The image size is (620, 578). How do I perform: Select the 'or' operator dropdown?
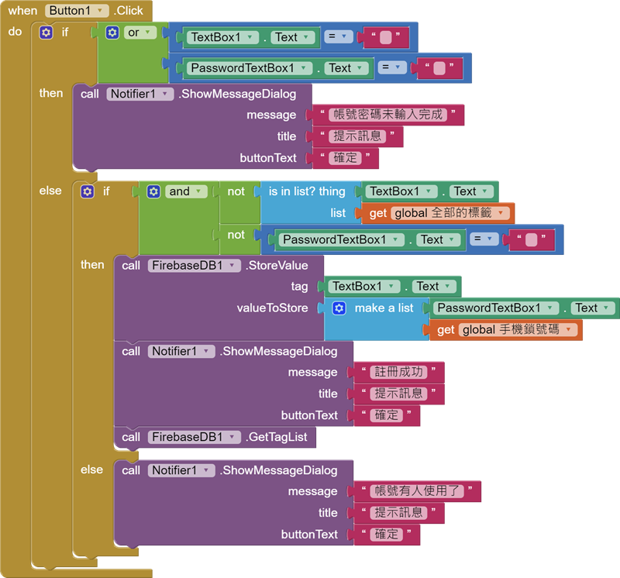click(140, 33)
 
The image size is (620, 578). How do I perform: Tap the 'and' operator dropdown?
click(186, 191)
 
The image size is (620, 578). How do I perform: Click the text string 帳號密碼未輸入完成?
click(388, 115)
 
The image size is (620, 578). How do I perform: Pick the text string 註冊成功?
click(398, 373)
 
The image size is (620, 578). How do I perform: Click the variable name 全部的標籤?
click(450, 213)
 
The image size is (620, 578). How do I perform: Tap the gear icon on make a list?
click(339, 308)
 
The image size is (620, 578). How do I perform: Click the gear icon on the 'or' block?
click(112, 33)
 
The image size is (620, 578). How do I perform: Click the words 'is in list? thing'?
click(307, 191)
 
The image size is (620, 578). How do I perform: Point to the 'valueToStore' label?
click(272, 308)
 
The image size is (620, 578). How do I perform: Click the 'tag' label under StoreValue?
click(299, 287)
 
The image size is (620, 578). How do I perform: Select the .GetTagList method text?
click(277, 437)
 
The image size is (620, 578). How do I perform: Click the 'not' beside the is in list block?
click(236, 191)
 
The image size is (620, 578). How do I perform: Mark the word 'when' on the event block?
click(22, 11)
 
